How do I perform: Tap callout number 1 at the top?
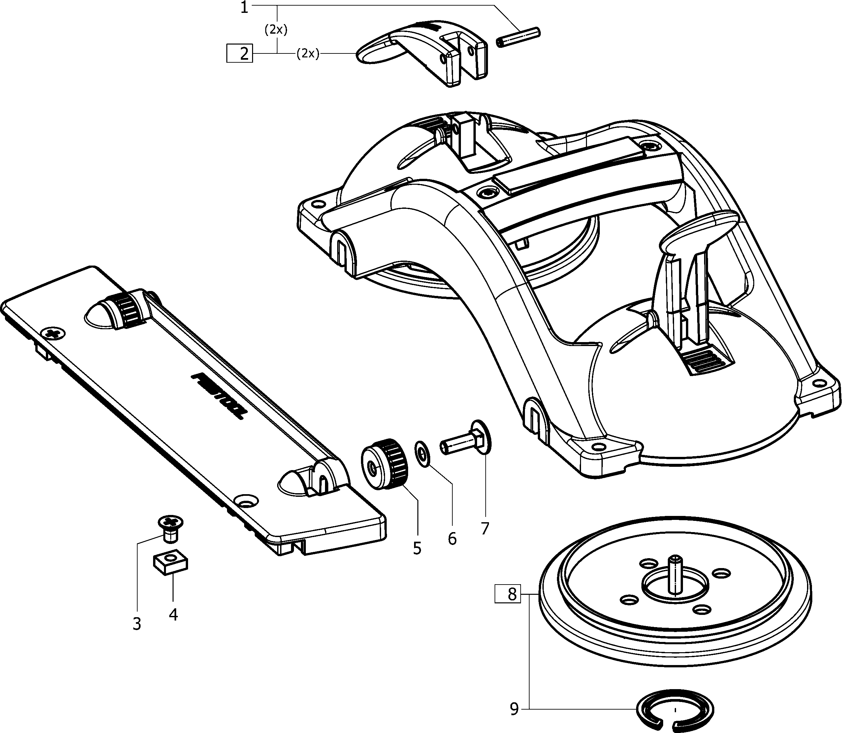[244, 7]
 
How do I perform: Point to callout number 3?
[137, 624]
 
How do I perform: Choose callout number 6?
[452, 539]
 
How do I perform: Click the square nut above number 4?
[171, 564]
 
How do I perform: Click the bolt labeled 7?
[464, 441]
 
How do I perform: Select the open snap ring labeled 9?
[675, 711]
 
